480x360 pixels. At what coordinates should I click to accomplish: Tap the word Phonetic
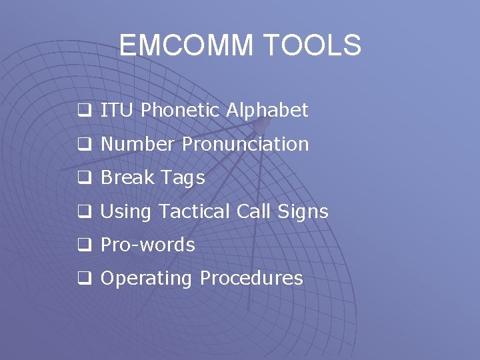(180, 111)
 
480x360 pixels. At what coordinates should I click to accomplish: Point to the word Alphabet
(267, 111)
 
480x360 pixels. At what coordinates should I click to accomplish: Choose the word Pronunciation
(245, 144)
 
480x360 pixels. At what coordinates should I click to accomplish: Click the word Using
(126, 212)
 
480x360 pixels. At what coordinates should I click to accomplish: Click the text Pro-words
(147, 245)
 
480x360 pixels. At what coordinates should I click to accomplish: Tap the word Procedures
(251, 278)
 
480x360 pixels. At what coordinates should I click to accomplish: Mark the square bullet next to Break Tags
(84, 179)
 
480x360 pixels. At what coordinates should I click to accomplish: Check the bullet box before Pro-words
(84, 246)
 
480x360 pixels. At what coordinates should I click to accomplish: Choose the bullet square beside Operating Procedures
(84, 279)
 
